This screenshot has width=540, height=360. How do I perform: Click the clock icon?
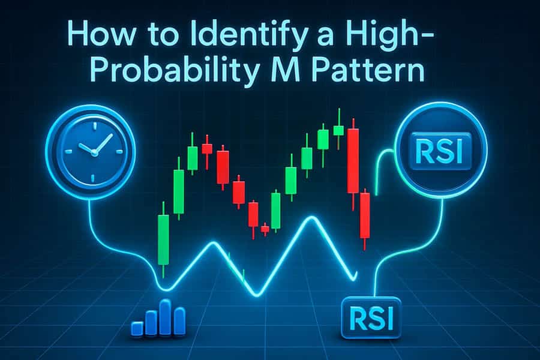[x=91, y=152]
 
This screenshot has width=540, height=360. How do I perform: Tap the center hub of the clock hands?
[x=94, y=152]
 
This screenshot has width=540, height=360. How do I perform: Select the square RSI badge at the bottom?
[x=371, y=318]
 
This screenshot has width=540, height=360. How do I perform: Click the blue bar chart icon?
[x=158, y=317]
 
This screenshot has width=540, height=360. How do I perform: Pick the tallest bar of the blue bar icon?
[x=166, y=317]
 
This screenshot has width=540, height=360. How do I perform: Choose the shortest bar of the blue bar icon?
[x=137, y=328]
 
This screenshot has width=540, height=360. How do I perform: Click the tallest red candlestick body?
[x=353, y=161]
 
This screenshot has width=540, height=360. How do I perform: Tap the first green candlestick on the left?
[x=163, y=240]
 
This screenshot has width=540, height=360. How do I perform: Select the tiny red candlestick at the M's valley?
[x=265, y=229]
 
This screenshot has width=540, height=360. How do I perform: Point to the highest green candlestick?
[x=339, y=130]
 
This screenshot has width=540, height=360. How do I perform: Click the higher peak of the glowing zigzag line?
[x=312, y=218]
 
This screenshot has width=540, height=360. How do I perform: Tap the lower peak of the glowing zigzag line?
[x=214, y=244]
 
